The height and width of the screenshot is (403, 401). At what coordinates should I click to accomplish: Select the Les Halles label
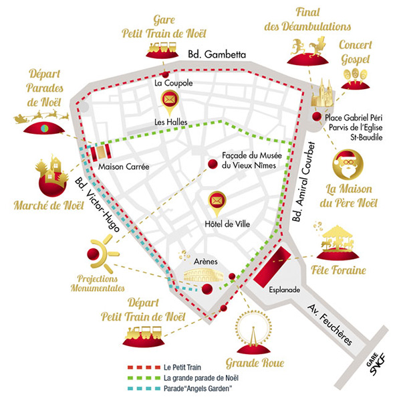[x=169, y=122]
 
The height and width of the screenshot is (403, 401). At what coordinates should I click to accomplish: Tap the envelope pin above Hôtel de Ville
[x=217, y=200]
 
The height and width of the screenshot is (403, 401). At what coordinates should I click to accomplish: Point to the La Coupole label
[x=173, y=84]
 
